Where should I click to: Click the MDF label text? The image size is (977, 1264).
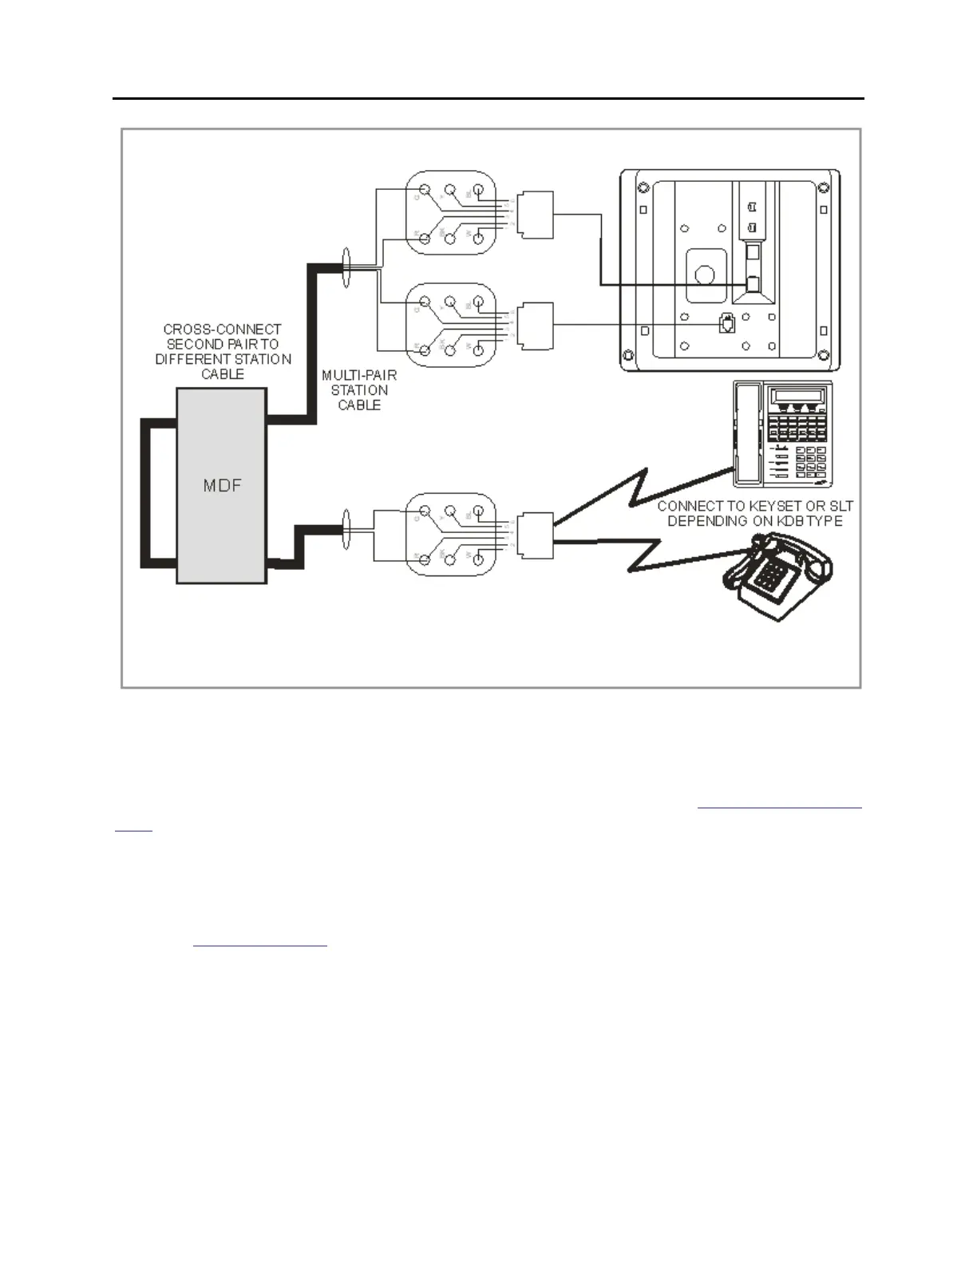[222, 485]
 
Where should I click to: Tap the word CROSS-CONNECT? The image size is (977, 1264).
[222, 329]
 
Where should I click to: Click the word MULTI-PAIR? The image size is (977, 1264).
[359, 374]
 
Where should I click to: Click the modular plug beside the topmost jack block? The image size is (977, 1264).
[536, 215]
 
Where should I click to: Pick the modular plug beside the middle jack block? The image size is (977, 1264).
[536, 326]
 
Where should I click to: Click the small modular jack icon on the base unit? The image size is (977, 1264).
[726, 324]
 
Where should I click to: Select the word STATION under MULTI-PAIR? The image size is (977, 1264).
[359, 389]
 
